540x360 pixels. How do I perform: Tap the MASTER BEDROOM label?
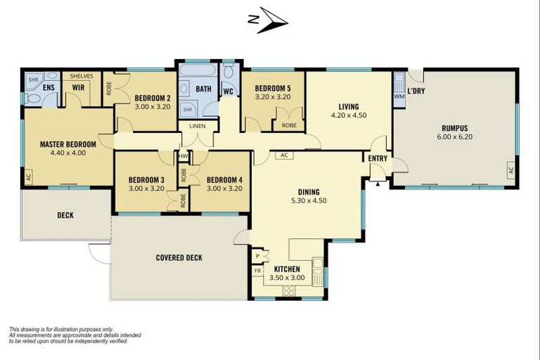(x=67, y=144)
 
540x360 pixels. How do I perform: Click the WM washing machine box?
(x=399, y=96)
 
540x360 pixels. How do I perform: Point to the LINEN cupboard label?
(x=197, y=127)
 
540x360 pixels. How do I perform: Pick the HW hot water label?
(x=183, y=156)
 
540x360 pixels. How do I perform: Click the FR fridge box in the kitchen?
(x=257, y=270)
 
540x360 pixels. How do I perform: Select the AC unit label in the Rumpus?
(x=510, y=171)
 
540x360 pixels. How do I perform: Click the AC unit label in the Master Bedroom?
(x=28, y=176)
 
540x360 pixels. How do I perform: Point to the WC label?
(x=228, y=92)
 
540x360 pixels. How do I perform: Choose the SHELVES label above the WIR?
(x=82, y=76)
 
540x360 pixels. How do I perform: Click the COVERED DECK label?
(x=179, y=258)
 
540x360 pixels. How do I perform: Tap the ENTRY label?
(x=378, y=159)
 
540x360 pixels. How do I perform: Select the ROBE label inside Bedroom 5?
(x=289, y=126)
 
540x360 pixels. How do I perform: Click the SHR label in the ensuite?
(x=33, y=80)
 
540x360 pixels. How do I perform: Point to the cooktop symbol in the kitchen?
(x=289, y=288)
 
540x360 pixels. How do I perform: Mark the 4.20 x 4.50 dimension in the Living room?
(x=348, y=115)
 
